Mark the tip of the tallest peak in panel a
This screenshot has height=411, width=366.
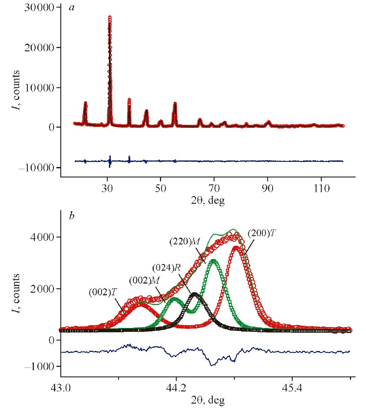tap(110, 17)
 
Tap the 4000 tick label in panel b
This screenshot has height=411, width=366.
tap(43, 237)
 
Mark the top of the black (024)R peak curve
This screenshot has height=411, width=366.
tap(194, 294)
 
